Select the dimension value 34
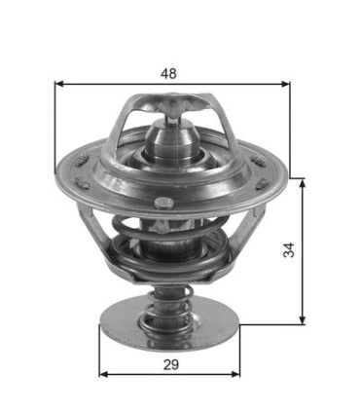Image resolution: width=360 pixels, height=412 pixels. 289,250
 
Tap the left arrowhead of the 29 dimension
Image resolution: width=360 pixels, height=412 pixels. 103,374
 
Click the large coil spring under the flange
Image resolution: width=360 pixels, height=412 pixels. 171,255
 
